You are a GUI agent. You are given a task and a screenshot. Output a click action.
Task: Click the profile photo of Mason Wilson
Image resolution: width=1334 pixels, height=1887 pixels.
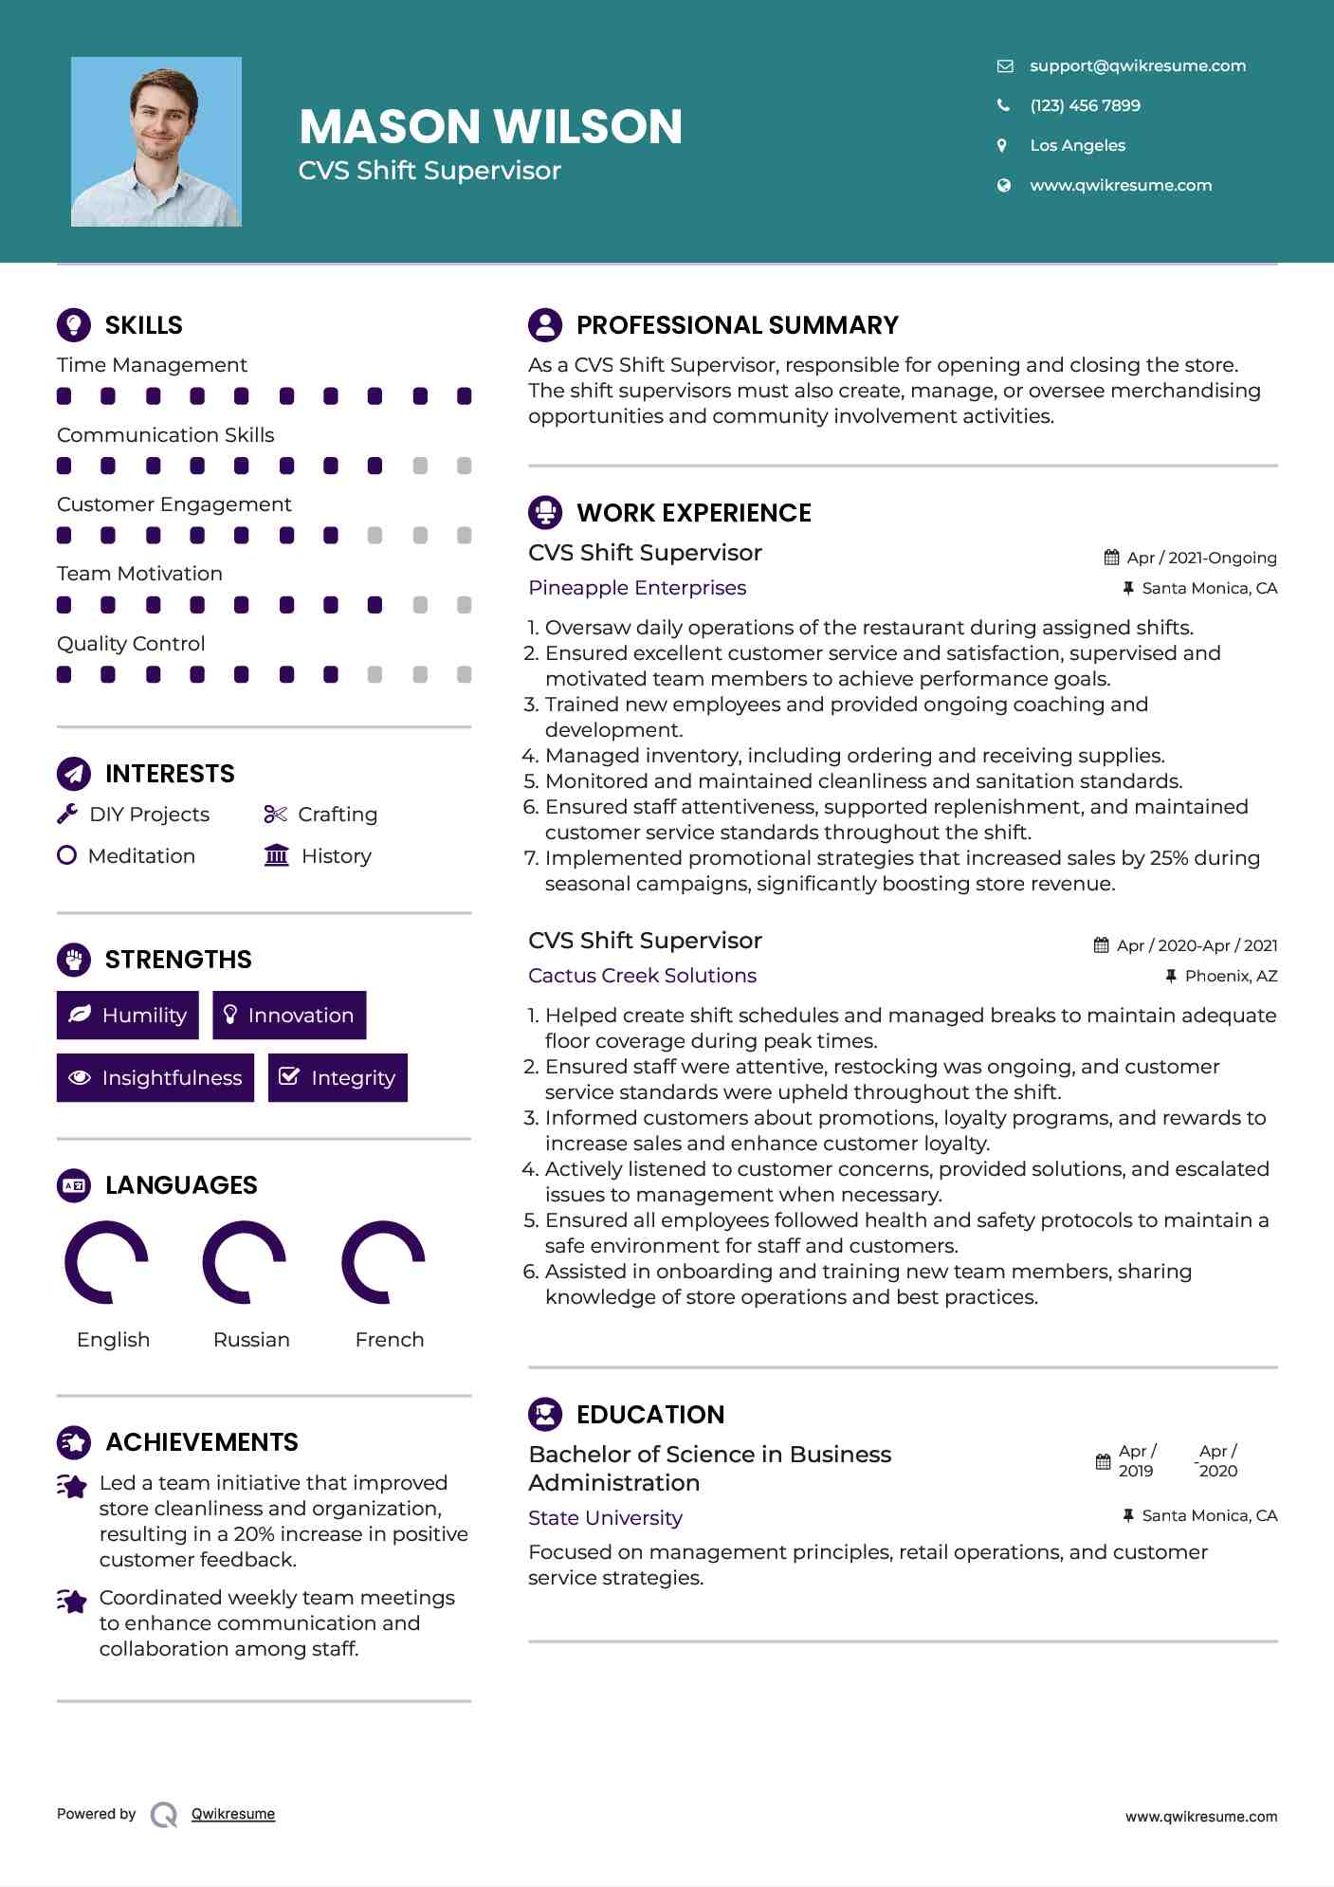[x=156, y=141]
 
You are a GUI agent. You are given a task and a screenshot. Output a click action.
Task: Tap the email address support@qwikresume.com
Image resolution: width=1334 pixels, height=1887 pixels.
[x=1137, y=65]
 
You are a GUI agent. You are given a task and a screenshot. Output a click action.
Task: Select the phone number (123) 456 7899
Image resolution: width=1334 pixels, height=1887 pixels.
[x=1085, y=105]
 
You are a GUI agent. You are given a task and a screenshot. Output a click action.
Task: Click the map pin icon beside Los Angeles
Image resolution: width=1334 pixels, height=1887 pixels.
[x=1002, y=145]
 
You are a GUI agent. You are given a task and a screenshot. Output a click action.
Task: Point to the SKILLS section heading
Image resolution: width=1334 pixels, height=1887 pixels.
[x=143, y=325]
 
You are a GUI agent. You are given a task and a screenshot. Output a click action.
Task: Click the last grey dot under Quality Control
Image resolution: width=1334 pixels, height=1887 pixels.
[x=464, y=674]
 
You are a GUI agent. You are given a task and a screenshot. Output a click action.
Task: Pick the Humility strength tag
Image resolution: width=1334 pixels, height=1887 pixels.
[x=128, y=1015]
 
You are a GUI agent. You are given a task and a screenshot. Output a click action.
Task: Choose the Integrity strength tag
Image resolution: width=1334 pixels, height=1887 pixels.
[x=338, y=1077]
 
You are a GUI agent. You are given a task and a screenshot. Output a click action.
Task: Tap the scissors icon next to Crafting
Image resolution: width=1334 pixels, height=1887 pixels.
[x=275, y=814]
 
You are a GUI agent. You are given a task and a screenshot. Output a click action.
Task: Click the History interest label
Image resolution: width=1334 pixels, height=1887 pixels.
[x=336, y=855]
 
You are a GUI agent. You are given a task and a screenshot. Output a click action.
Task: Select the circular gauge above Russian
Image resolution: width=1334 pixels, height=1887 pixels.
[x=245, y=1262]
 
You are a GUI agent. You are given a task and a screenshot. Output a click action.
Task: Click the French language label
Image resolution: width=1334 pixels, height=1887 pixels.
[x=389, y=1339]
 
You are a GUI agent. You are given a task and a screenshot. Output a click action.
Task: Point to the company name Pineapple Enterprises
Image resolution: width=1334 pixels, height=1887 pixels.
[x=637, y=588]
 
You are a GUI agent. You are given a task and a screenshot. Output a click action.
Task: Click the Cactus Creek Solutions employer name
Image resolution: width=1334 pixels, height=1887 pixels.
[x=642, y=976]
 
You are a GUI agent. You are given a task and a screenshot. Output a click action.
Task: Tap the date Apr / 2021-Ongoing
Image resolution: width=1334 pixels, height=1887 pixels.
[x=1201, y=558]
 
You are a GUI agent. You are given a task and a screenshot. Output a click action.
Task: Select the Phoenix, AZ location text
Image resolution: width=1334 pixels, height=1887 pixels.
[x=1231, y=976]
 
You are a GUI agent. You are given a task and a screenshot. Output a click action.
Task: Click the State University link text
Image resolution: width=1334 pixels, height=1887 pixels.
[x=605, y=1518]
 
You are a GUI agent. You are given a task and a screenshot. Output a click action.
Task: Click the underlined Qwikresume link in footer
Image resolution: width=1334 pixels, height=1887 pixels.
[x=233, y=1814]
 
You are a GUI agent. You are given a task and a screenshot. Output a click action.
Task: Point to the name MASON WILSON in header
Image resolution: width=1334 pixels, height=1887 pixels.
[x=490, y=126]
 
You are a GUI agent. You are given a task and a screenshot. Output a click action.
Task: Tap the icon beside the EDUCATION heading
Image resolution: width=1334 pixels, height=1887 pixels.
[x=545, y=1414]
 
